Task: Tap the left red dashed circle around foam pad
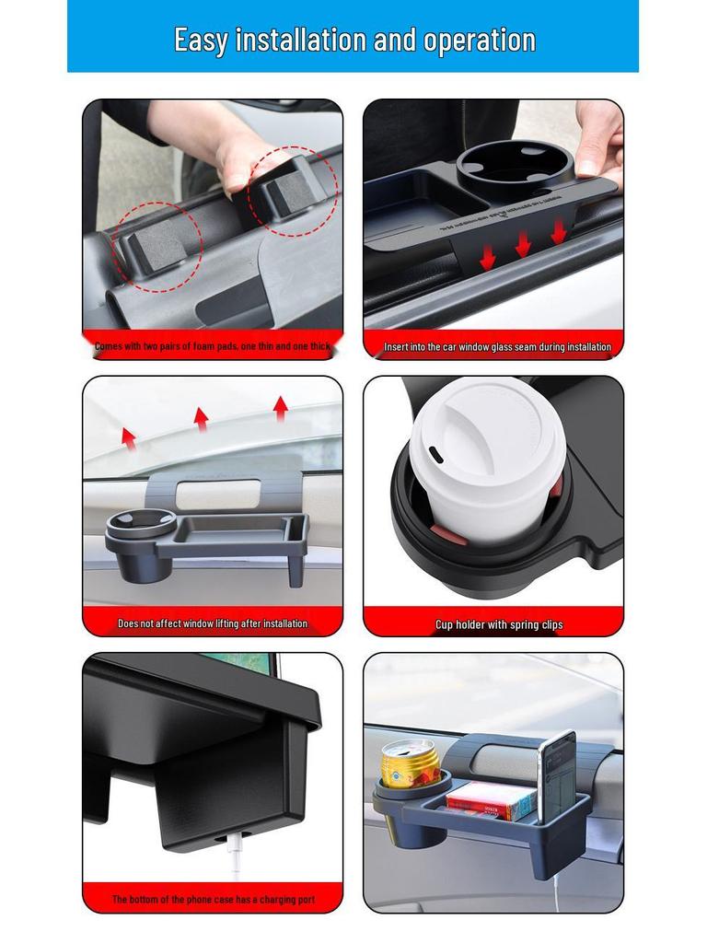(156, 248)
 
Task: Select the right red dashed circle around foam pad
(293, 191)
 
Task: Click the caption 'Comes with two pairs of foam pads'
(212, 347)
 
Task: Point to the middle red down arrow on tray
(523, 244)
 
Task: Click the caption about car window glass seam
(497, 347)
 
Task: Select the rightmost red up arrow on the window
(280, 406)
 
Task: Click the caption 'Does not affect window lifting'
(213, 623)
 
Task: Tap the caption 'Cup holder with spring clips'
(499, 624)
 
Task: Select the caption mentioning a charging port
(214, 899)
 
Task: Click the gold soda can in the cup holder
(411, 764)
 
